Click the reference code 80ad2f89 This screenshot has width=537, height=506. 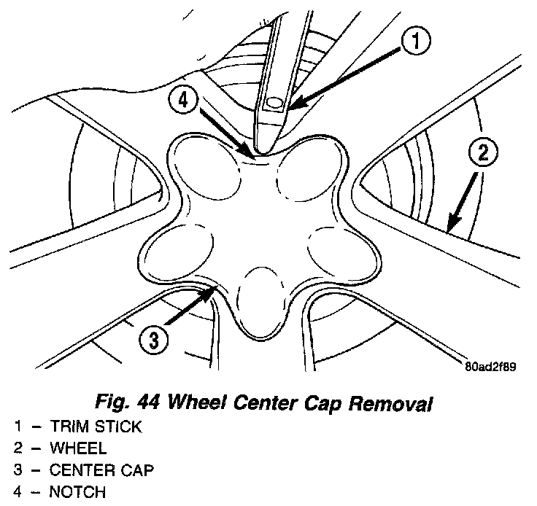[x=490, y=367]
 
